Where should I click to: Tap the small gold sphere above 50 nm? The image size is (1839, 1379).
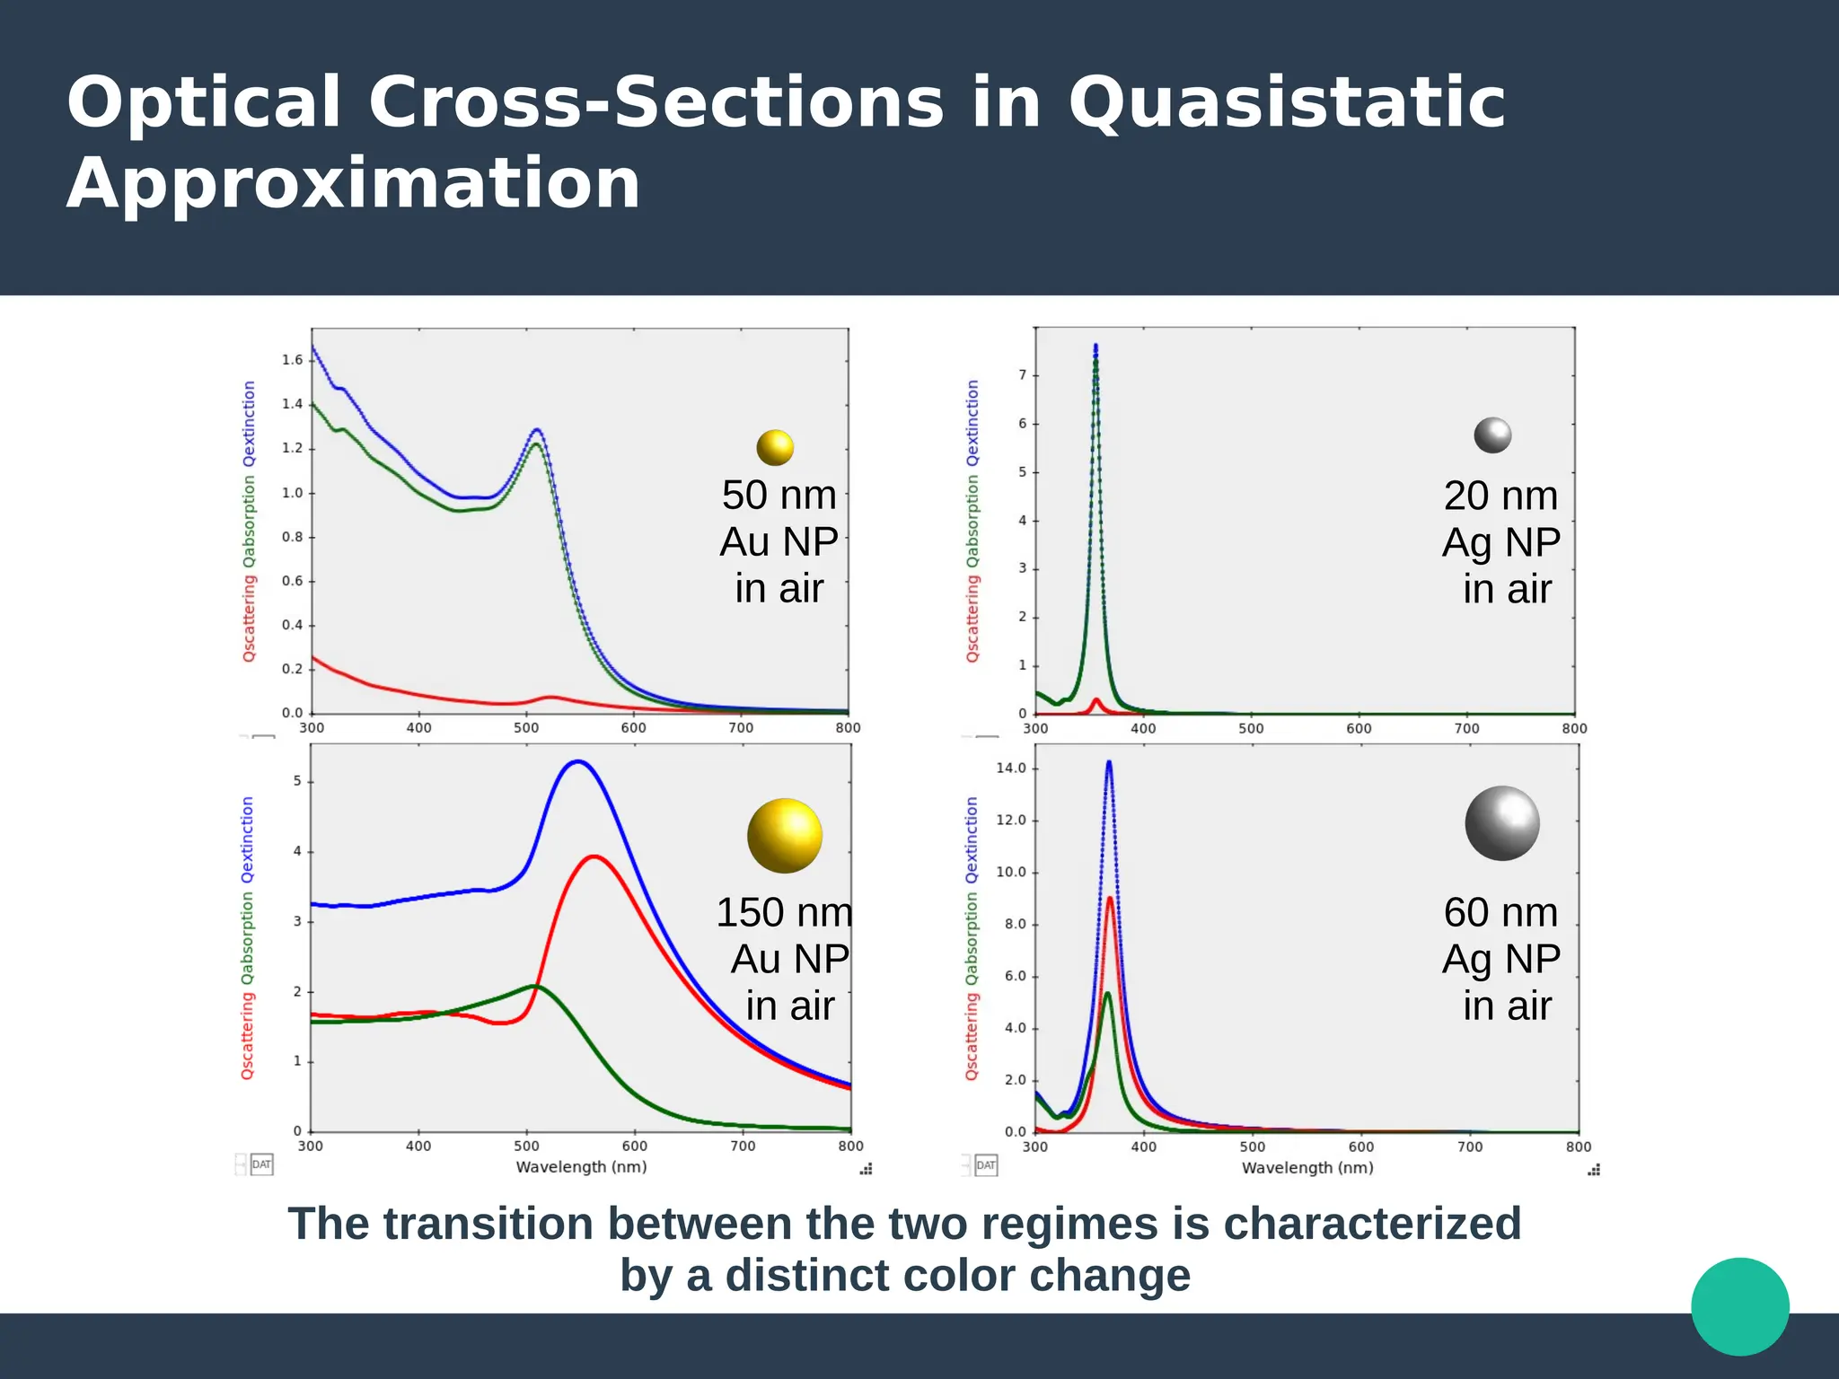pos(775,447)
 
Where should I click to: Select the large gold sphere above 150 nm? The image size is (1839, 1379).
pos(785,836)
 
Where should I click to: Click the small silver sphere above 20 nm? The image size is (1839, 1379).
pos(1492,435)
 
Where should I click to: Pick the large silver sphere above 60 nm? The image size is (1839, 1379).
pos(1502,823)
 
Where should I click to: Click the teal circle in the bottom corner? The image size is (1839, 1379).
pos(1739,1306)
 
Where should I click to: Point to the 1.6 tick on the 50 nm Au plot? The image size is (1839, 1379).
pos(293,360)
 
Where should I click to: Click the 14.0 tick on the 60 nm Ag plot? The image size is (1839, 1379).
pos(1010,769)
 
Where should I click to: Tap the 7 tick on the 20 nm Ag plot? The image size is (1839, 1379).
pos(1022,375)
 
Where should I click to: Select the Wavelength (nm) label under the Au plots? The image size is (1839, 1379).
pos(581,1167)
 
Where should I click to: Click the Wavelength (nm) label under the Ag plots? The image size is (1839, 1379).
pos(1307,1168)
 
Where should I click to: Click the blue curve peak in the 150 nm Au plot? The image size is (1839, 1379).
pos(578,762)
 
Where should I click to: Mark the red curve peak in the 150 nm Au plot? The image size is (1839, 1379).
pos(594,857)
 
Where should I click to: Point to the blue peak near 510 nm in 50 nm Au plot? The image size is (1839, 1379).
pos(537,430)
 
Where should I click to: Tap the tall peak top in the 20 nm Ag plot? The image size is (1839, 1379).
pos(1095,347)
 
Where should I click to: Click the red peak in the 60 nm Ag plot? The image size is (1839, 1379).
pos(1110,899)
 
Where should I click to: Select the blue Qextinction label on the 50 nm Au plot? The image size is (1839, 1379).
pos(250,424)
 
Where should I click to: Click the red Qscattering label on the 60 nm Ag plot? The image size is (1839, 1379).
pos(972,1037)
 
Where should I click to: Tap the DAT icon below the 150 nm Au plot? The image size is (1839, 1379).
pos(261,1164)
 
